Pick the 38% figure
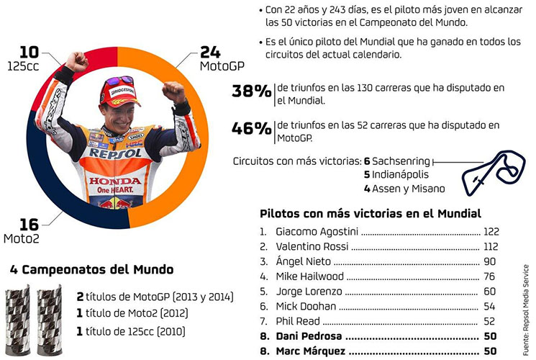coord(251,91)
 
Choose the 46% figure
coord(251,129)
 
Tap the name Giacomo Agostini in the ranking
coord(317,232)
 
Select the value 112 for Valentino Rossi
coord(491,246)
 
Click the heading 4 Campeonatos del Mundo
coord(92,270)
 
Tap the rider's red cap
coord(118,89)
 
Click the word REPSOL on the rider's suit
coord(116,153)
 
